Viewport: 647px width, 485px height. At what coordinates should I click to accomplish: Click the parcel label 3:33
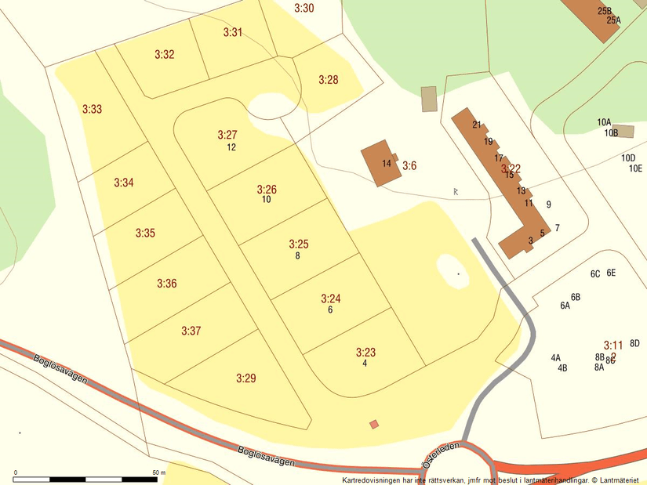click(92, 110)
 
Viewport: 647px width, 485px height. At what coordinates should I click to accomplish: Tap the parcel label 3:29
click(245, 378)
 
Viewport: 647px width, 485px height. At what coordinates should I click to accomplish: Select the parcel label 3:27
click(227, 135)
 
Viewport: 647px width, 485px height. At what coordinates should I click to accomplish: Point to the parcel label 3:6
click(409, 165)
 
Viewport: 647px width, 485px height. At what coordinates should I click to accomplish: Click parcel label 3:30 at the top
click(304, 8)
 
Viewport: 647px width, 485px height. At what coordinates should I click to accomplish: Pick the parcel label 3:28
click(328, 80)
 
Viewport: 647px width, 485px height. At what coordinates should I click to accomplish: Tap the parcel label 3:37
click(191, 331)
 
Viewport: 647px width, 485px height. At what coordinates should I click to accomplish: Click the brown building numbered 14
click(380, 164)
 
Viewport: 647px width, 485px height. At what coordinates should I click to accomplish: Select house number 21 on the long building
click(477, 125)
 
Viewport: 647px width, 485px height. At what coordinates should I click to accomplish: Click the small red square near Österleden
click(374, 425)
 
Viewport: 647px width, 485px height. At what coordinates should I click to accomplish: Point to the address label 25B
click(604, 11)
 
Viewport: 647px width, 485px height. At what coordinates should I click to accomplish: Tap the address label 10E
click(634, 168)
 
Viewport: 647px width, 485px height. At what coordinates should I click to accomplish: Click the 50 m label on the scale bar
click(158, 472)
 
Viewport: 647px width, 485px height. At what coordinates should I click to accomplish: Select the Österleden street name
click(440, 454)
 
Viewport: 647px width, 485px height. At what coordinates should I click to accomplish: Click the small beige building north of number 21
click(429, 99)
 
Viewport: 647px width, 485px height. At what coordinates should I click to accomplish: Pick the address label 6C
click(595, 274)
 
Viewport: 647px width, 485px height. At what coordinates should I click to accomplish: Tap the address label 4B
click(562, 368)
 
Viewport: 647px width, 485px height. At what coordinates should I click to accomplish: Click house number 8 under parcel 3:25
click(297, 255)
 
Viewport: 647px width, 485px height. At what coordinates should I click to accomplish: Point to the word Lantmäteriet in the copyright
click(620, 480)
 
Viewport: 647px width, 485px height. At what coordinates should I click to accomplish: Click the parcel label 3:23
click(365, 353)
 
